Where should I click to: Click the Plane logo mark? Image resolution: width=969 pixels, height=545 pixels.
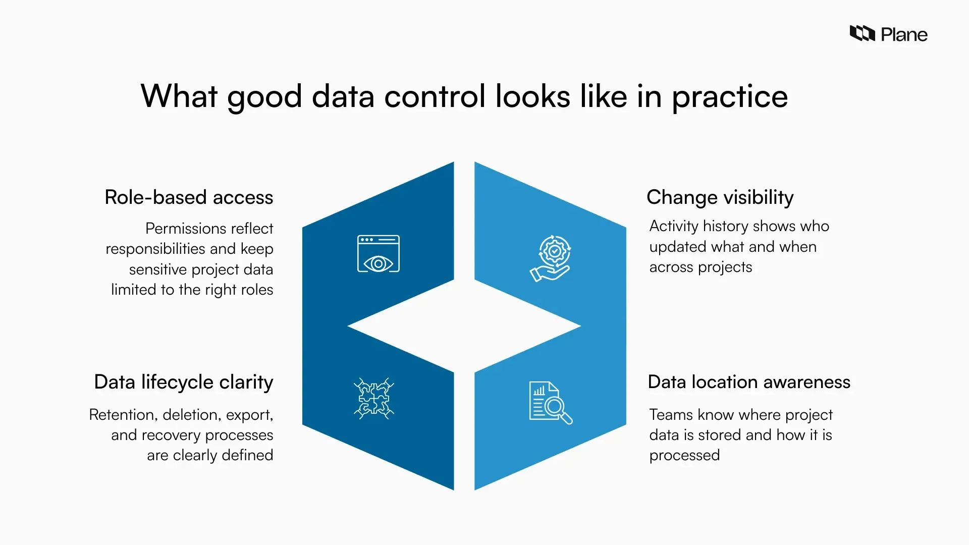coord(862,33)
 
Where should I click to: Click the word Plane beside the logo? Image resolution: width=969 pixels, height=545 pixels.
coord(904,35)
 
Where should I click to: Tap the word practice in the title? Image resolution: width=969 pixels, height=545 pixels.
coord(729,96)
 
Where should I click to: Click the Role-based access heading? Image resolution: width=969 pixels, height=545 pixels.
coord(189,197)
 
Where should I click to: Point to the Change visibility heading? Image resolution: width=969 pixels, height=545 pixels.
coord(720,197)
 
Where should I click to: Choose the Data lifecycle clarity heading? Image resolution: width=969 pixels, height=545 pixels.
coord(183,382)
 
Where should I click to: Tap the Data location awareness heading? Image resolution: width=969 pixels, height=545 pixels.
coord(749,382)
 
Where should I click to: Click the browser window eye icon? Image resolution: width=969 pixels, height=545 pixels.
coord(378,254)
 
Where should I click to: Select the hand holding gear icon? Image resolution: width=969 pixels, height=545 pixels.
coord(551,258)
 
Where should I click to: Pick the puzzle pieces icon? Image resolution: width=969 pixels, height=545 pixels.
coord(373,398)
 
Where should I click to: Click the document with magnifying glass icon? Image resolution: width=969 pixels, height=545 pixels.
coord(550,402)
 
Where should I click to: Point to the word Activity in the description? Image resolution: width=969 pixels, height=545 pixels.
coord(673,226)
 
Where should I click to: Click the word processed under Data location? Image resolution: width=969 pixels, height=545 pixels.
coord(684,455)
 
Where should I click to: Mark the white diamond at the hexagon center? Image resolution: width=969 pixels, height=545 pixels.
coord(464,326)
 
